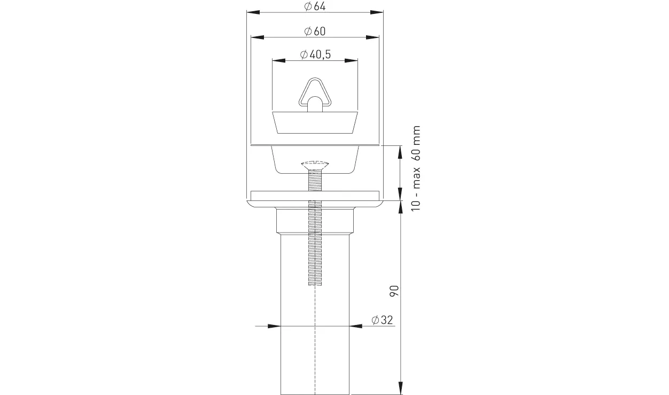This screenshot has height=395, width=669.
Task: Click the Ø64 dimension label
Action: point(315,6)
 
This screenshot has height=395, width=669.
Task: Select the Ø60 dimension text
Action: point(315,31)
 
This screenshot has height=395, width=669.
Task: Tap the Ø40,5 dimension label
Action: point(315,55)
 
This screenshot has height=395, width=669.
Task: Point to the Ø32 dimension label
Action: point(382,320)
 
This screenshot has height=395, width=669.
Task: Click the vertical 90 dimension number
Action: point(394,291)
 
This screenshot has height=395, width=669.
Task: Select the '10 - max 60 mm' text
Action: point(416,168)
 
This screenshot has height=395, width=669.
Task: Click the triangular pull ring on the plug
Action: point(315,93)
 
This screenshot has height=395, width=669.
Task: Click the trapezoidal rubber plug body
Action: point(315,122)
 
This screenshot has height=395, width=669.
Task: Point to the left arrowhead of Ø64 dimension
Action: point(253,12)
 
